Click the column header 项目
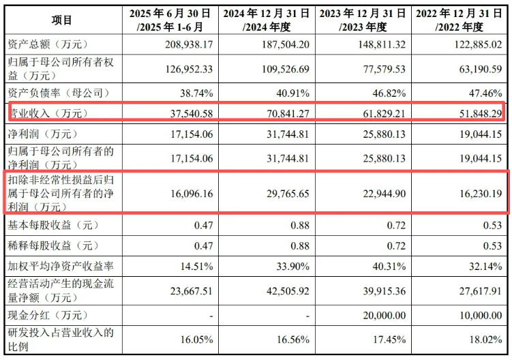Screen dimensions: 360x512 click(61, 20)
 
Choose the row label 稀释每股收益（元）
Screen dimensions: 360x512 click(51, 245)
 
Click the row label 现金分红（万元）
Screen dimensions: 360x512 click(46, 315)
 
